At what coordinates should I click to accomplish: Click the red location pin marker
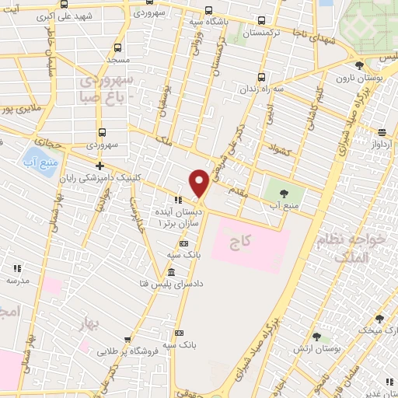coord(199,183)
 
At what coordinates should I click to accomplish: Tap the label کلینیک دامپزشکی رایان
coord(144,177)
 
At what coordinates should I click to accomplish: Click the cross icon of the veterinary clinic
coord(99,166)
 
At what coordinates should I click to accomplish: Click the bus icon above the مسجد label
coord(117,47)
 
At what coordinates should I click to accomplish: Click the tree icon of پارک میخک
coord(379,318)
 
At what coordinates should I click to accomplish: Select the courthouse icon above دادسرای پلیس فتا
coord(171,273)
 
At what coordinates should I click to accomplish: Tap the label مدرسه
coord(20,278)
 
